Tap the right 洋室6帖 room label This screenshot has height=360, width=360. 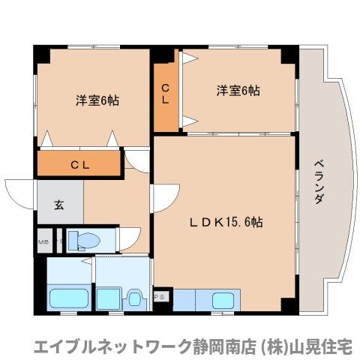(238, 91)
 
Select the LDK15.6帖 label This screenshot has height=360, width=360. (225, 222)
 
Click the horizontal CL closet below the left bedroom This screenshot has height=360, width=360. (79, 164)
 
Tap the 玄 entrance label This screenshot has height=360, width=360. (58, 202)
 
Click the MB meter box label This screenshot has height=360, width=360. (43, 241)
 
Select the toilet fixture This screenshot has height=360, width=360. (84, 241)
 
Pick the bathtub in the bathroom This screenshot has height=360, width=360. (69, 298)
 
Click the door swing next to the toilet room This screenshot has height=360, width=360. (129, 239)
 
